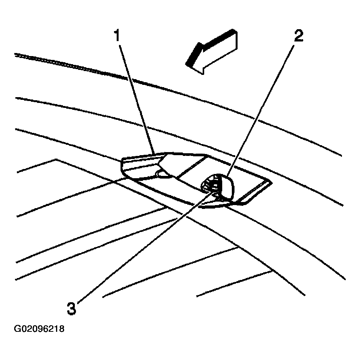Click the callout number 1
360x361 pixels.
117,35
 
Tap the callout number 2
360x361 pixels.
299,36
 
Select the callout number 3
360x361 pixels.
71,308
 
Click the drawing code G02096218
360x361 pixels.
39,329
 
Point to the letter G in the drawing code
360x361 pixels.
17,329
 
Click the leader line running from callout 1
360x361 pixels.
137,99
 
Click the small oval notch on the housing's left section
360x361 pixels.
163,173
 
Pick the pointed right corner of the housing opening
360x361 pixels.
272,183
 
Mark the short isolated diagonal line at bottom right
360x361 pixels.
234,284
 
